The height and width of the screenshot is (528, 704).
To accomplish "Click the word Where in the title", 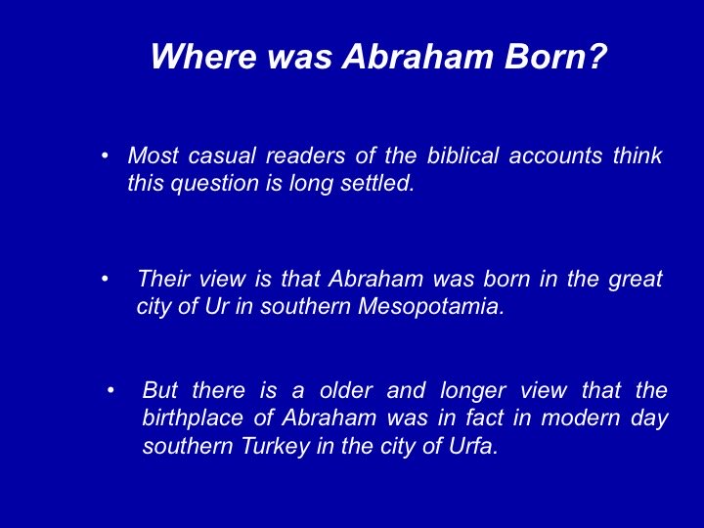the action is [x=203, y=57].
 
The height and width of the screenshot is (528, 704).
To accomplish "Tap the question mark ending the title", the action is [x=597, y=56].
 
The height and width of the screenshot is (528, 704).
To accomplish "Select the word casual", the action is [x=222, y=155].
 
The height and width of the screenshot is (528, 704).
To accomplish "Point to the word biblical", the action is [x=462, y=155].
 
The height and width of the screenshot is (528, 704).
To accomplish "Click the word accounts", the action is [x=555, y=155].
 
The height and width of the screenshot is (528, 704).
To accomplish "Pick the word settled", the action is [x=377, y=183].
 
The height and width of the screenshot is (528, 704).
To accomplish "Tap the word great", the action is [x=636, y=280].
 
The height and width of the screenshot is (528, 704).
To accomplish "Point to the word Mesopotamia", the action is [x=431, y=307].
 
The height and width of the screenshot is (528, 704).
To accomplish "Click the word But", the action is [x=160, y=390].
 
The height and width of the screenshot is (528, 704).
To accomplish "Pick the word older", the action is [x=346, y=390].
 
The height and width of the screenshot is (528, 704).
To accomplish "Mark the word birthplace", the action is [x=193, y=418].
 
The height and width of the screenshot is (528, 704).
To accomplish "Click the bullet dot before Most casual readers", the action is [x=105, y=156].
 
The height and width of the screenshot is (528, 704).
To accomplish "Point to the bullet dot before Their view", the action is [x=105, y=279].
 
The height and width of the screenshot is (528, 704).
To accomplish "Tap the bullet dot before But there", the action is [x=110, y=390].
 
